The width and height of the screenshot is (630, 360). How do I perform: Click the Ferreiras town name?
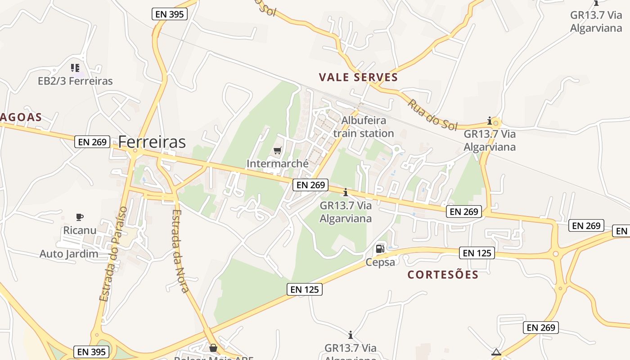[x=152, y=142]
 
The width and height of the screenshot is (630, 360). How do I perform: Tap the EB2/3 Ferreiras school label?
[x=75, y=81]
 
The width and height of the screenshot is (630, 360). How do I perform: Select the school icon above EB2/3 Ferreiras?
[x=75, y=68]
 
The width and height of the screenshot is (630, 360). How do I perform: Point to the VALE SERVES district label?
[x=359, y=77]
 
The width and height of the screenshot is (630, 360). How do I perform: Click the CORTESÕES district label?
[x=443, y=274]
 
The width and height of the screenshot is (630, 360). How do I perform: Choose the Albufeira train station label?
[x=364, y=127]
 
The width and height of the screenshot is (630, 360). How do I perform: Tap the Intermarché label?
[x=278, y=163]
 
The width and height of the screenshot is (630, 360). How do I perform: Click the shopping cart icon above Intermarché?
[x=278, y=150]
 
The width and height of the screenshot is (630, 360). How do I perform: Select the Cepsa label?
[x=380, y=262]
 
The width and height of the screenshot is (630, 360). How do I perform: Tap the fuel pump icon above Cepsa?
[x=380, y=248]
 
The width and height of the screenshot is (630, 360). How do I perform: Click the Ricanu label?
[x=80, y=230]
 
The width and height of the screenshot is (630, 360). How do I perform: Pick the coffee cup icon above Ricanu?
[x=80, y=217]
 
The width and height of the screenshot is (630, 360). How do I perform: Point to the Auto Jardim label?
[x=69, y=254]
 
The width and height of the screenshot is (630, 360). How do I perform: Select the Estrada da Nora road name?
[x=180, y=251]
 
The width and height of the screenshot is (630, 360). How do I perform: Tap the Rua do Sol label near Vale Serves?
[x=432, y=115]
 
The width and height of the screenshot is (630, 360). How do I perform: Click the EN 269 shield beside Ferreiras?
[x=92, y=142]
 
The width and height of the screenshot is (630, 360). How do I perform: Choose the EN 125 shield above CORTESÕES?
[x=477, y=253]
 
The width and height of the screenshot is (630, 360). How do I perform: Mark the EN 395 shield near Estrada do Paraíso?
[x=91, y=352]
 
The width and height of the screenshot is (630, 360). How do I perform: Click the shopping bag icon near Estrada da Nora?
[x=213, y=348]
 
